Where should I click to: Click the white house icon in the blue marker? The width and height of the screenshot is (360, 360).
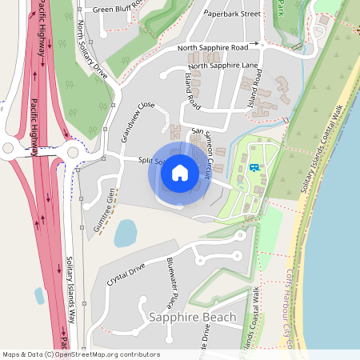click(x=179, y=171)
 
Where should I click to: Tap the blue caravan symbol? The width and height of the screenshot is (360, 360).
click(x=254, y=167)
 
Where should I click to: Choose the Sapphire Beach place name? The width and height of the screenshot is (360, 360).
click(x=193, y=318)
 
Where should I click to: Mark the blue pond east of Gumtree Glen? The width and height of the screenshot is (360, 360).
click(x=126, y=233)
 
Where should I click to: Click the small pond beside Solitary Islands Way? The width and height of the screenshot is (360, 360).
click(x=39, y=295)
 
